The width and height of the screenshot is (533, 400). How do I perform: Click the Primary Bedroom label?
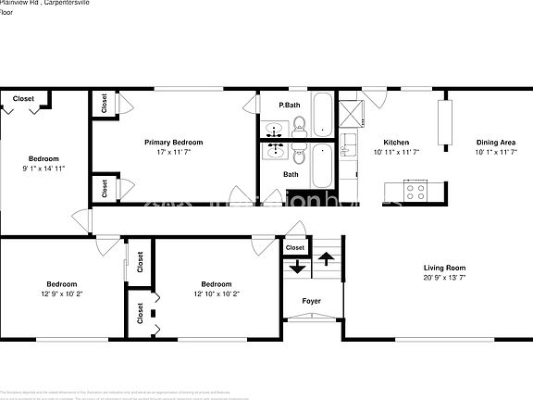[173, 142]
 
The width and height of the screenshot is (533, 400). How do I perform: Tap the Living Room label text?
[443, 267]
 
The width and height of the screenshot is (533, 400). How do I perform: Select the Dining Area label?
[495, 142]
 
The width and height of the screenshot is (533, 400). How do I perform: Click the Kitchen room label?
[396, 142]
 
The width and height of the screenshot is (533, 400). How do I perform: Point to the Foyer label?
[311, 300]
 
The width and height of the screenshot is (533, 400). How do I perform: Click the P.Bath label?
[290, 105]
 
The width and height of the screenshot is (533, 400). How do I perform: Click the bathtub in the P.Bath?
[321, 116]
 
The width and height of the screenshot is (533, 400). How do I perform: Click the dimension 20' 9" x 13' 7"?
[443, 277]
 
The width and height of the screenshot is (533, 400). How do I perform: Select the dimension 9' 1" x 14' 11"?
[43, 169]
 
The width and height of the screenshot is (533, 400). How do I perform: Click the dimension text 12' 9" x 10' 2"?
[61, 294]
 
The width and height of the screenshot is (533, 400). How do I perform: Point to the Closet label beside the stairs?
[295, 248]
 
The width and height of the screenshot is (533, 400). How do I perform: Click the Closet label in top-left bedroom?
[24, 98]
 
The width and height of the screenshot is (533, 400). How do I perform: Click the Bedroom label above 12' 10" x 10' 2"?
[216, 283]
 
